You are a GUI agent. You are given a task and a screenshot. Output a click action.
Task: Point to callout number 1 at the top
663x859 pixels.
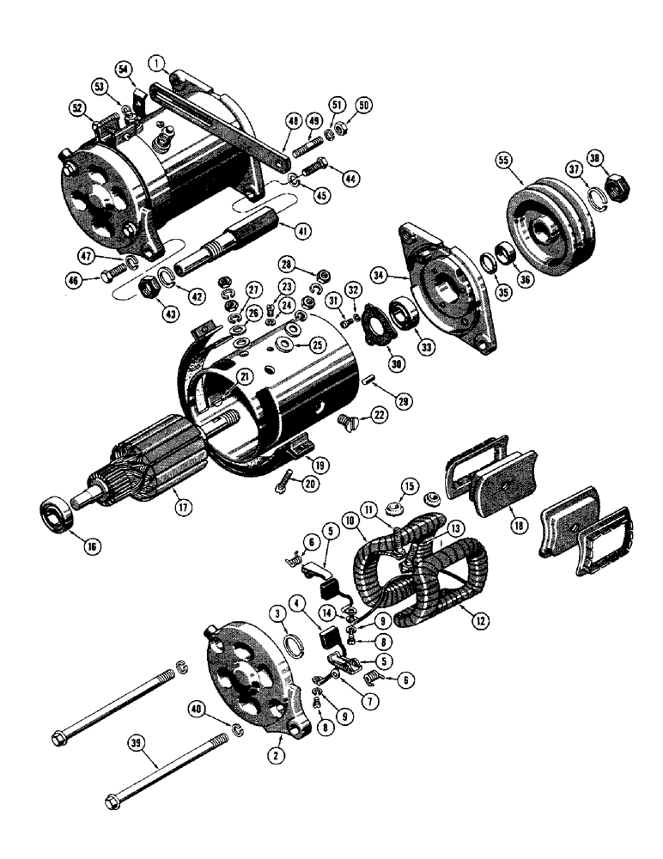(x=155, y=63)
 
